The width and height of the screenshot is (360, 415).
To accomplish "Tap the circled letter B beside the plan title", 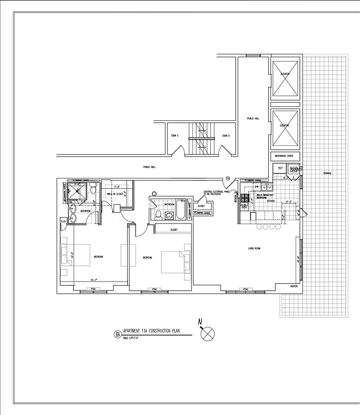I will click(116, 335).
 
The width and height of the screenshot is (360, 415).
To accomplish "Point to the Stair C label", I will click(175, 136).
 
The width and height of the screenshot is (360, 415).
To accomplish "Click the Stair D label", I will click(226, 136).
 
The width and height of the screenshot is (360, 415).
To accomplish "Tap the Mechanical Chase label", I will click(284, 156).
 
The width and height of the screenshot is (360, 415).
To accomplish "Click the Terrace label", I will click(327, 173).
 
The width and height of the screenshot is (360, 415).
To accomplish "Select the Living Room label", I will click(254, 248).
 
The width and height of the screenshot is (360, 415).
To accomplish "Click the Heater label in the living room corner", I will click(294, 286).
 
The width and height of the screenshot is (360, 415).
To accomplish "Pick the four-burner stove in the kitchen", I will click(244, 198).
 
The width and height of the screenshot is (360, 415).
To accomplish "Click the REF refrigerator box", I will click(280, 169).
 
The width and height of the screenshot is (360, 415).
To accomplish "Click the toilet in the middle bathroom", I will click(158, 214).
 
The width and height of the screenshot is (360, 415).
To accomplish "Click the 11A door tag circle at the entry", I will click(227, 179).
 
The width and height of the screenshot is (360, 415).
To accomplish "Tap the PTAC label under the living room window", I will click(245, 288).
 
